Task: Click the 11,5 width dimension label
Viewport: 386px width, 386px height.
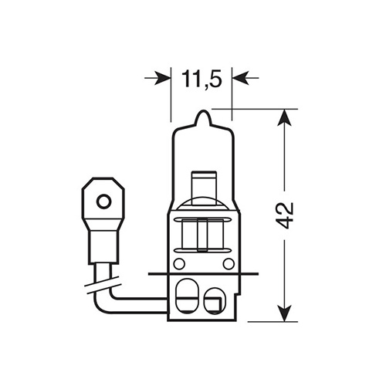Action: [201, 78]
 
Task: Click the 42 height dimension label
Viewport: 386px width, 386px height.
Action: [286, 215]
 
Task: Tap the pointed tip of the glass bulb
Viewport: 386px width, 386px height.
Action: [203, 111]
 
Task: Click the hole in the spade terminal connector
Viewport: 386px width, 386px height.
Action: [103, 201]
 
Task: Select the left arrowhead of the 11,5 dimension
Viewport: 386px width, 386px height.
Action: [163, 77]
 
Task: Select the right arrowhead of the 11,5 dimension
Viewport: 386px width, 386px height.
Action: [240, 77]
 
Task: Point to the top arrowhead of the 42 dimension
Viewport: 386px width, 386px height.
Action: [284, 117]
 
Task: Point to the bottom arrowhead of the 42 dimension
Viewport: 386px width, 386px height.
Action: [284, 313]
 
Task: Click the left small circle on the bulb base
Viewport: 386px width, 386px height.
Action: [179, 264]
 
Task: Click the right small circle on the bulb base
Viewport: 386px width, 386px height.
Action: [229, 264]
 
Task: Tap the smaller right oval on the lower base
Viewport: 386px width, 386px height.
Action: [213, 301]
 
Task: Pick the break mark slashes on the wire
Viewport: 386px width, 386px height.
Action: [103, 285]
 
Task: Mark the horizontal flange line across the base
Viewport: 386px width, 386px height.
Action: [203, 274]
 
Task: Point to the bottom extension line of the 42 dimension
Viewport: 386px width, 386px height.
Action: [273, 322]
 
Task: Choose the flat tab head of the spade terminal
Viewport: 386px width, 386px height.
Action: [103, 198]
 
